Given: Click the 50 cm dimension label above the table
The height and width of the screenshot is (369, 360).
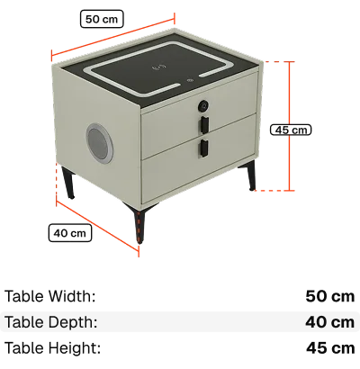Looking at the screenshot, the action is pos(102,19).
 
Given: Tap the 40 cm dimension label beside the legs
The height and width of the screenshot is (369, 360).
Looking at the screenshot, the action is pos(70,233).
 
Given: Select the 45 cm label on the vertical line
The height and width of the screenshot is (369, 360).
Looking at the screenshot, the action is pos(291,130).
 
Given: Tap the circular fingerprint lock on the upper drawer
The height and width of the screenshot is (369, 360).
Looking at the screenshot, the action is pos(203,105).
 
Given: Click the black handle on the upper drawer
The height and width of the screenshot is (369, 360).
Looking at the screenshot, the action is pos(204,124).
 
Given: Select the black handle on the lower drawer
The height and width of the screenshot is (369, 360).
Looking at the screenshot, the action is pos(204,148).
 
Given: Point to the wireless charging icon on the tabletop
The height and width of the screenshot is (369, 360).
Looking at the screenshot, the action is pos(159,67).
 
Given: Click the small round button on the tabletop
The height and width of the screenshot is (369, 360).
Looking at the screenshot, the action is pos(190,80).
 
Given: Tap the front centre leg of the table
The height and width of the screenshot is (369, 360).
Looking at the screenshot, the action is pos(138,222).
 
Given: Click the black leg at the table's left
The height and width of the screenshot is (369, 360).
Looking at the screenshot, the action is pos(68,183).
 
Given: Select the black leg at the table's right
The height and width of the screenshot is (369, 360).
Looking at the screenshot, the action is pos(249,175).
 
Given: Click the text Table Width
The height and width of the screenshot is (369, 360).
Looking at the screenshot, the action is pos(49,296).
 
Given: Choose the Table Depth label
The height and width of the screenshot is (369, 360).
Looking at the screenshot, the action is pos(50,322).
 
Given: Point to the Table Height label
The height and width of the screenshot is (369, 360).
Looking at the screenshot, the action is pos(52,348).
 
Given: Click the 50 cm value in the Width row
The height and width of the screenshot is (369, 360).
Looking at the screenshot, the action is pos(330,296).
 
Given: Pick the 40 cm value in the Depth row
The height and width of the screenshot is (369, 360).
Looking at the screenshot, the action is pos(330,322).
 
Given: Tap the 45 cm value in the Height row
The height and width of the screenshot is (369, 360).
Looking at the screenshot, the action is pos(330,348).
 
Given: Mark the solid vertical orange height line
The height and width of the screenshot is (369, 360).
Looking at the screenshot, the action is pos(290,126).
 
